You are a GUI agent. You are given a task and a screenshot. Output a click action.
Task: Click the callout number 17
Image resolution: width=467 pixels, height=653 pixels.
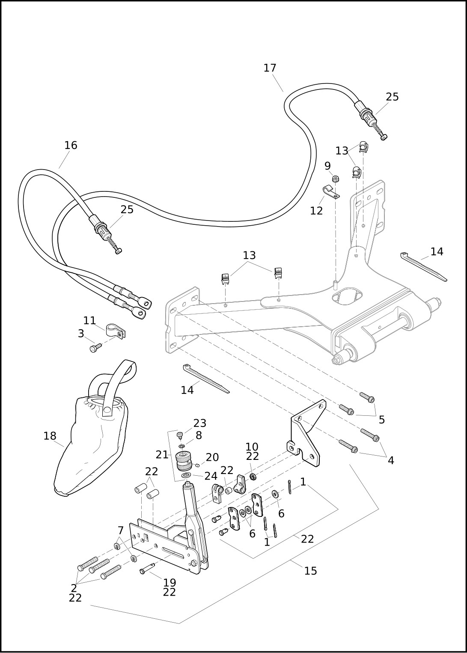click(x=270, y=68)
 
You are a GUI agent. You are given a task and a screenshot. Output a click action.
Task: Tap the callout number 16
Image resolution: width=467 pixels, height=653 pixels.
click(x=71, y=146)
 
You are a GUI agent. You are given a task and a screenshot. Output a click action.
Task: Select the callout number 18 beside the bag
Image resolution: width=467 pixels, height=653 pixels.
click(x=50, y=436)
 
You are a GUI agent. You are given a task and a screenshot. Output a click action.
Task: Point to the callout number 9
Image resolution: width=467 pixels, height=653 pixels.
click(x=327, y=166)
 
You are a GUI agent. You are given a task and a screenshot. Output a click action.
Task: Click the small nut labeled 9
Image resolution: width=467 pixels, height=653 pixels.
click(x=336, y=179)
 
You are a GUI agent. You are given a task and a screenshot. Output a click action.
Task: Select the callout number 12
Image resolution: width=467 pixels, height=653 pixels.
click(x=316, y=211)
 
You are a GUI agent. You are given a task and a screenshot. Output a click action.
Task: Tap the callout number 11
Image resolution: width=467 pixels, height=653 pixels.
click(x=89, y=320)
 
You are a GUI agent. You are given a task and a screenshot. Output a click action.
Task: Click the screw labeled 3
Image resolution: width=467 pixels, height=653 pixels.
click(x=95, y=348)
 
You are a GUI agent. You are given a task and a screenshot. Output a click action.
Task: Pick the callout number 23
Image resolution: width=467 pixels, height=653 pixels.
click(x=199, y=423)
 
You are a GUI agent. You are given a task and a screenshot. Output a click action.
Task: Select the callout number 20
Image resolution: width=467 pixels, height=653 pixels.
click(x=212, y=457)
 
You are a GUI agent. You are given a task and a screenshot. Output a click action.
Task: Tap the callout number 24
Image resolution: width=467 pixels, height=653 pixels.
click(x=211, y=476)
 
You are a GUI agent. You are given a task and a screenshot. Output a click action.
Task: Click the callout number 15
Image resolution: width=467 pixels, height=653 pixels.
click(x=310, y=571)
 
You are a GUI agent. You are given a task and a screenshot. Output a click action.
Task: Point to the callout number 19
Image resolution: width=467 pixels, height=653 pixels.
click(x=170, y=582)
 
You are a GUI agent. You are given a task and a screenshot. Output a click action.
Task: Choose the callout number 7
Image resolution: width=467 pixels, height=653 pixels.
click(x=121, y=531)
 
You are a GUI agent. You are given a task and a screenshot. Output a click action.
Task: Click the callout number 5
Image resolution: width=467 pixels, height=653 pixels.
click(x=381, y=420)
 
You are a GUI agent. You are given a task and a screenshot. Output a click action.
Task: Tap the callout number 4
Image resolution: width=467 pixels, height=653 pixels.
click(x=390, y=460)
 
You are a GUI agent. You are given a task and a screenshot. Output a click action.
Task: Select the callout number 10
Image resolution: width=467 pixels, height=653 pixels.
click(x=252, y=447)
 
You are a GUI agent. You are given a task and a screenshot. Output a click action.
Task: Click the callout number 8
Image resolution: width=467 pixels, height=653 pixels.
click(x=199, y=435)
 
